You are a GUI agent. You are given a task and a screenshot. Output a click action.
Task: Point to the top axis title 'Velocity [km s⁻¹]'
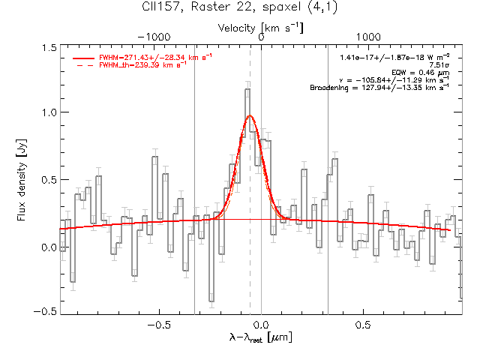(260, 28)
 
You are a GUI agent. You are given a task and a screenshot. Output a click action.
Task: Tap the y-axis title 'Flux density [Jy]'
(22, 180)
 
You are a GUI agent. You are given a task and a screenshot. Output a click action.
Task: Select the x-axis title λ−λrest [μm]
(260, 337)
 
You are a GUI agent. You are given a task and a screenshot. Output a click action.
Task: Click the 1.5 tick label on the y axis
(49, 48)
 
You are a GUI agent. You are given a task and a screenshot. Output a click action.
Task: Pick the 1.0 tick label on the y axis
(49, 112)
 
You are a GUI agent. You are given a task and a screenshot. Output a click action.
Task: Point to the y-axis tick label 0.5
(49, 180)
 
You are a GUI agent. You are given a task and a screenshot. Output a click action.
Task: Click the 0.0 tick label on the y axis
(49, 247)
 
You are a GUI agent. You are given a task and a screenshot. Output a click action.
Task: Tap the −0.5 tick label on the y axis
(45, 311)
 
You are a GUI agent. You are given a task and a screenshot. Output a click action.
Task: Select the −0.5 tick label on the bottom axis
(159, 325)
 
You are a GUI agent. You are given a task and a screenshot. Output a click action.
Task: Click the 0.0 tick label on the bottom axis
(261, 325)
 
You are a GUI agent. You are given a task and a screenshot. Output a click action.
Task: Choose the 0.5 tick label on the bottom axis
(363, 325)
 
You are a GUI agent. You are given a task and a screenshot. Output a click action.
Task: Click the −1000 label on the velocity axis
(154, 37)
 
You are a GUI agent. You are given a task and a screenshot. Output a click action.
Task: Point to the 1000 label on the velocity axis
(368, 37)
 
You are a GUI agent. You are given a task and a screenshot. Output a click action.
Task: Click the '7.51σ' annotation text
(439, 65)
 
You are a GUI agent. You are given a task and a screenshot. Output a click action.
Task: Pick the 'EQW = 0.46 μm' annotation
(421, 73)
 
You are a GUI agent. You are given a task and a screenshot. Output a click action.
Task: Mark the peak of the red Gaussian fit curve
(250, 115)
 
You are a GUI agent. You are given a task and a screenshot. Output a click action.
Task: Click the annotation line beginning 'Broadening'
(379, 88)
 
